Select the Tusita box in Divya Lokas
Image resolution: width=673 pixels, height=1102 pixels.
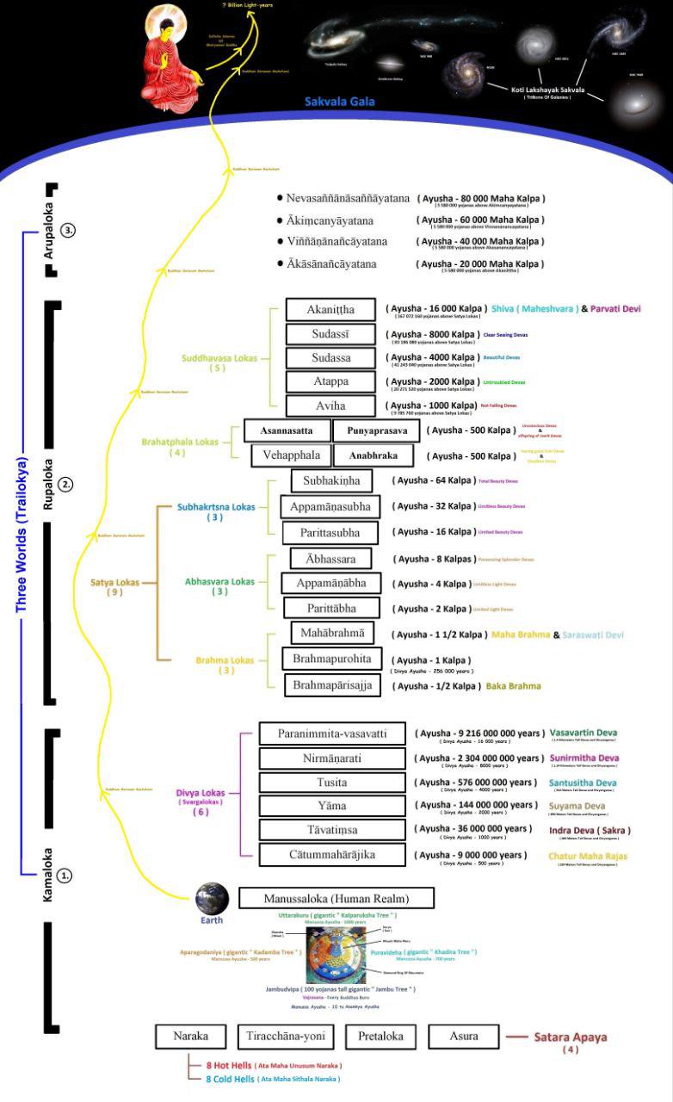331,783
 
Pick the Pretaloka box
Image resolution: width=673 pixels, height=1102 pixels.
380,1037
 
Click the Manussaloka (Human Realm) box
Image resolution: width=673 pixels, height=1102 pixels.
336,899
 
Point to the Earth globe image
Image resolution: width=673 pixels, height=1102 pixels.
211,899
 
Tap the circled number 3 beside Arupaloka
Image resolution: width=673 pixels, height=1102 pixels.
69,231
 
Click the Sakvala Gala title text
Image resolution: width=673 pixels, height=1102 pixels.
340,102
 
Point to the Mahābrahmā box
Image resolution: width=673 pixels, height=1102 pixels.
332,634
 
